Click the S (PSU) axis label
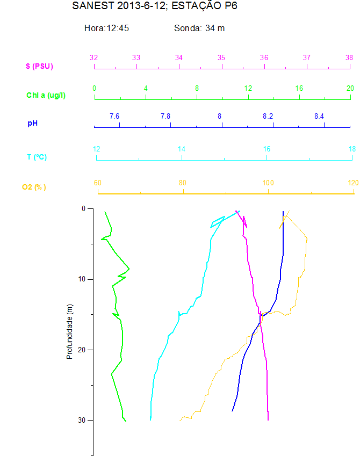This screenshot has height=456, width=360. tap(40, 67)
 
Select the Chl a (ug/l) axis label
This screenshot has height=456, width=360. tap(50, 95)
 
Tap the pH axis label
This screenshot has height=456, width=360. tap(33, 124)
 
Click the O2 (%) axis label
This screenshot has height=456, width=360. tap(34, 187)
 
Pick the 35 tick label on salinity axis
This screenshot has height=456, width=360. tap(221, 57)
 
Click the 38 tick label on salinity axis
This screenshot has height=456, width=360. tap(349, 57)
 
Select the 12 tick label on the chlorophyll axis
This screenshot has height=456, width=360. tap(248, 88)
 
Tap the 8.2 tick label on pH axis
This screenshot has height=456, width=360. tap(268, 116)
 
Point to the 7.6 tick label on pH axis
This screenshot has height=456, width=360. tap(114, 116)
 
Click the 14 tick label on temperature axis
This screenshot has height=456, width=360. tap(182, 149)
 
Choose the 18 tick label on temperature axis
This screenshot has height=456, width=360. tap(352, 149)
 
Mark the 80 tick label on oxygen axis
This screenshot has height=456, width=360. tap(183, 183)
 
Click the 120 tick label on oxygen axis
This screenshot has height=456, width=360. tap(353, 183)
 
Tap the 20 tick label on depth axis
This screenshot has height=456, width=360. tap(82, 350)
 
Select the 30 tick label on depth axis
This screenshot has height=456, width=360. tap(82, 420)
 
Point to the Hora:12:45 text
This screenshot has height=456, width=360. tap(106, 28)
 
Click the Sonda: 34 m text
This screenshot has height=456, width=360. tap(199, 28)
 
